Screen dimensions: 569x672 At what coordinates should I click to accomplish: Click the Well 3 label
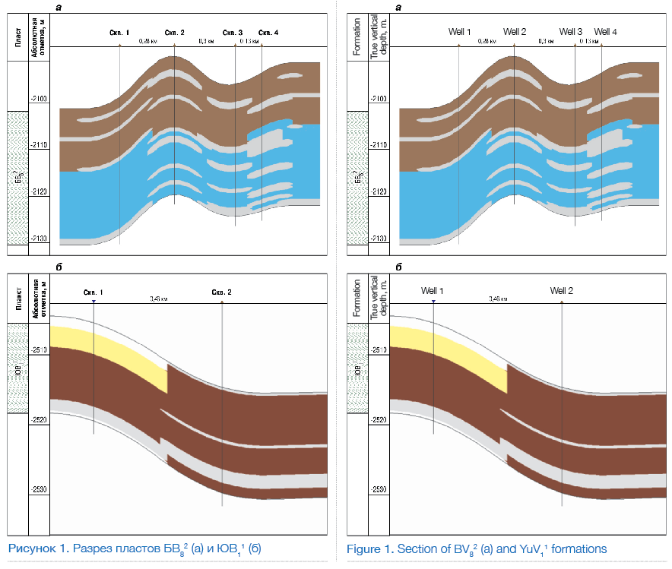(571, 32)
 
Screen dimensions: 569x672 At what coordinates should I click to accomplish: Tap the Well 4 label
(606, 32)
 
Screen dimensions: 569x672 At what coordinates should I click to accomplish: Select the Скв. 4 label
(268, 33)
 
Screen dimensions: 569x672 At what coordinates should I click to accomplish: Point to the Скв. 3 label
(233, 33)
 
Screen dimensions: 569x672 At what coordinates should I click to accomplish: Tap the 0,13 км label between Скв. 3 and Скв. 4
(249, 41)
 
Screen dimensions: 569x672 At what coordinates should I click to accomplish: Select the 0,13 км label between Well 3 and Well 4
(588, 41)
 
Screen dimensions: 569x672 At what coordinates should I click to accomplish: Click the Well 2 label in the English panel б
(562, 291)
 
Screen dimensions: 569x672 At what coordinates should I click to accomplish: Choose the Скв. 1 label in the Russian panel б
(92, 292)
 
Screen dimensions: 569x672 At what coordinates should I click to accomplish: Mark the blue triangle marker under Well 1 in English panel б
(433, 302)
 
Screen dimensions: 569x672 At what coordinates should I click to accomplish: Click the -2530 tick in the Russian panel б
(40, 490)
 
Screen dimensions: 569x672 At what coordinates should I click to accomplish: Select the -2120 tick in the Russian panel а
(40, 192)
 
